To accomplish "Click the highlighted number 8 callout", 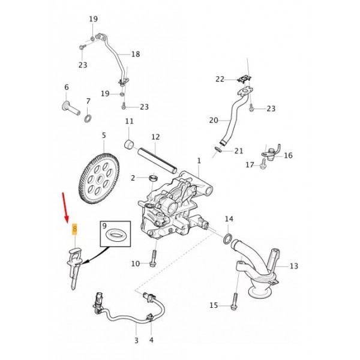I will [x=74, y=229].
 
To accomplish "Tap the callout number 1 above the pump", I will [x=199, y=161].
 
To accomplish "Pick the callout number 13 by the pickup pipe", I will [x=293, y=266].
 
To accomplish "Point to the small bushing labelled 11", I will [x=128, y=143].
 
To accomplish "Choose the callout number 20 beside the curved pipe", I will [x=214, y=121].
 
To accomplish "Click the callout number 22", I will [x=220, y=79].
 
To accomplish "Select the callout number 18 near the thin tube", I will [x=135, y=55].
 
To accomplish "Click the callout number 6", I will [x=67, y=88].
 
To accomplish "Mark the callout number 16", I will [x=288, y=155].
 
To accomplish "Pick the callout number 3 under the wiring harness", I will [x=136, y=340].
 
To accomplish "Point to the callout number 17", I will [x=250, y=165].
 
